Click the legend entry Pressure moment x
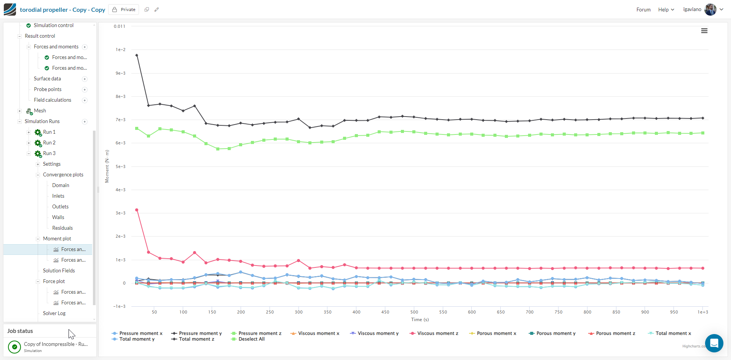(x=140, y=333)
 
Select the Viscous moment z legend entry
(x=437, y=333)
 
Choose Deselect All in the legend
(x=251, y=339)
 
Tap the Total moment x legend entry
(x=673, y=333)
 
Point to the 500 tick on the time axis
(x=414, y=312)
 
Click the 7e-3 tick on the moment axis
(x=120, y=120)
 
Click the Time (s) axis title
(x=420, y=320)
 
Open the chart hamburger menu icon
(x=704, y=31)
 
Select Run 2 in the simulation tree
(x=49, y=142)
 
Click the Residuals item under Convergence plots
(x=62, y=228)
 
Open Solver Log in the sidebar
(x=54, y=313)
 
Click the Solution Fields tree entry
(x=59, y=270)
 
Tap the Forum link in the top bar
(x=643, y=10)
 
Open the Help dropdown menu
(x=666, y=10)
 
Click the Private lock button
(x=124, y=10)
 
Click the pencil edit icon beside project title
(x=156, y=10)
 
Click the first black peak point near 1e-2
(x=137, y=56)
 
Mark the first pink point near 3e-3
(x=137, y=210)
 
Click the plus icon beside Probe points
(x=85, y=90)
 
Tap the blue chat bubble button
(x=714, y=343)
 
